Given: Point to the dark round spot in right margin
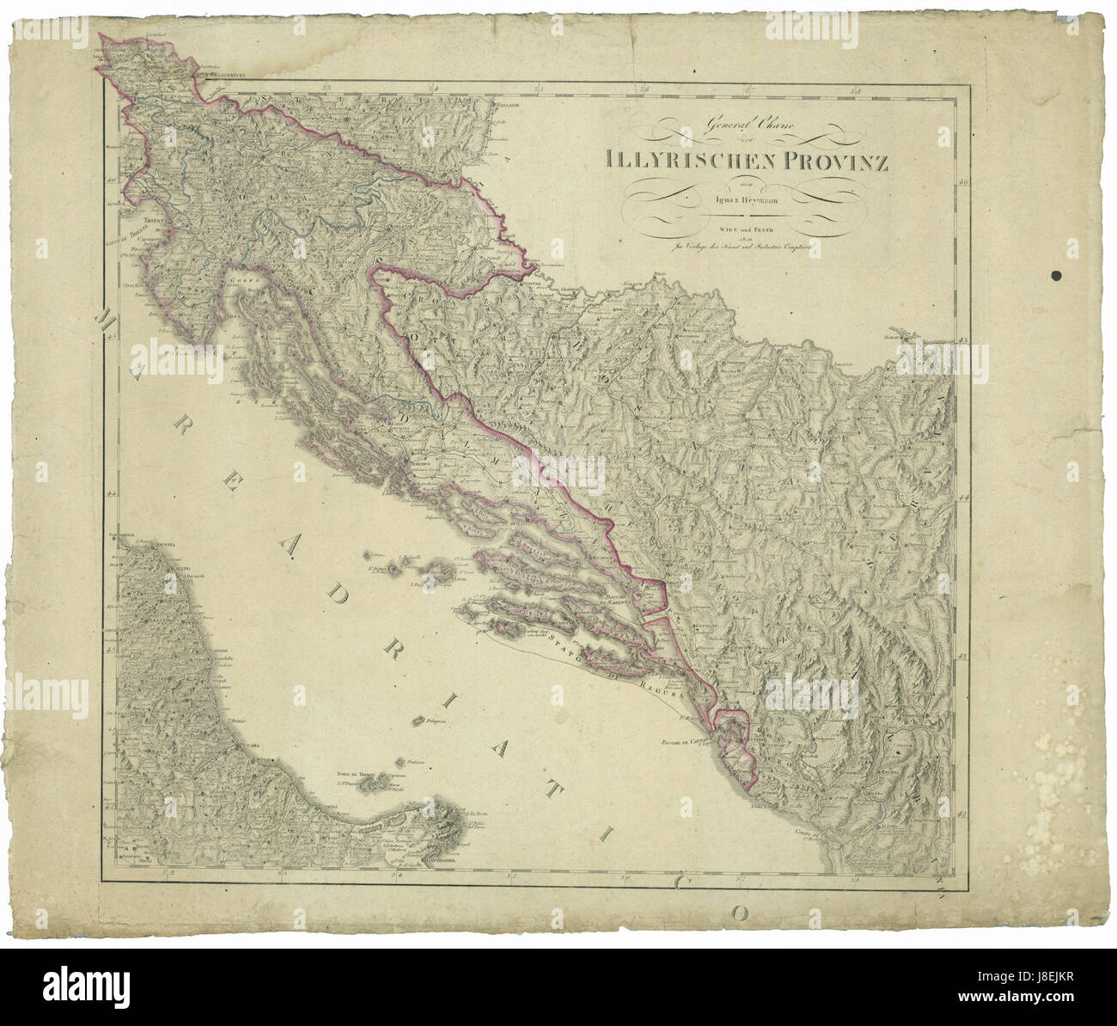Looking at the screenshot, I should (1056, 276).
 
